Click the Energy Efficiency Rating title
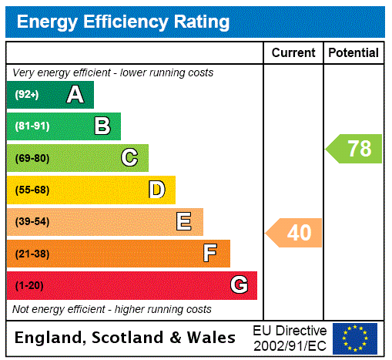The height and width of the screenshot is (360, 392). click(x=123, y=22)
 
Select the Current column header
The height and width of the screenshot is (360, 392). click(x=293, y=53)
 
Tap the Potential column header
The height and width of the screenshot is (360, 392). click(x=353, y=53)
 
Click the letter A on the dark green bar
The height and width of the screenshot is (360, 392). click(x=75, y=95)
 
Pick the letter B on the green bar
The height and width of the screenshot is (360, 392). click(x=102, y=126)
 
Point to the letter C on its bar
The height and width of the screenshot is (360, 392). click(x=129, y=158)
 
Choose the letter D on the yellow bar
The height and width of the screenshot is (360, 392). click(x=156, y=190)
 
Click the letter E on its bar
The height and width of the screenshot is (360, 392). click(x=183, y=222)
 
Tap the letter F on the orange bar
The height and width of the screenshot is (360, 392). click(x=209, y=254)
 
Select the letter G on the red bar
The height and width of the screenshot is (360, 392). click(x=239, y=285)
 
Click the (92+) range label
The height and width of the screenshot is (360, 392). click(x=27, y=95)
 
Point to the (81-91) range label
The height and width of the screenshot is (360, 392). click(x=32, y=126)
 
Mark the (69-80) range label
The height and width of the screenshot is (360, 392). click(x=32, y=159)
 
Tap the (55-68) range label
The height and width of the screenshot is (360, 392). click(x=32, y=190)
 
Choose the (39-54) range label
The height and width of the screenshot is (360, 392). click(x=32, y=222)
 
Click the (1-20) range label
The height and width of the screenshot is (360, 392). click(x=29, y=286)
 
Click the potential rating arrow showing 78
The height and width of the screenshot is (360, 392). click(x=355, y=148)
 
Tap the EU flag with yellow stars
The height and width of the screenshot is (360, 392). click(x=355, y=338)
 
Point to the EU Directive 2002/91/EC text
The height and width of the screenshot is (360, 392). click(x=290, y=338)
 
